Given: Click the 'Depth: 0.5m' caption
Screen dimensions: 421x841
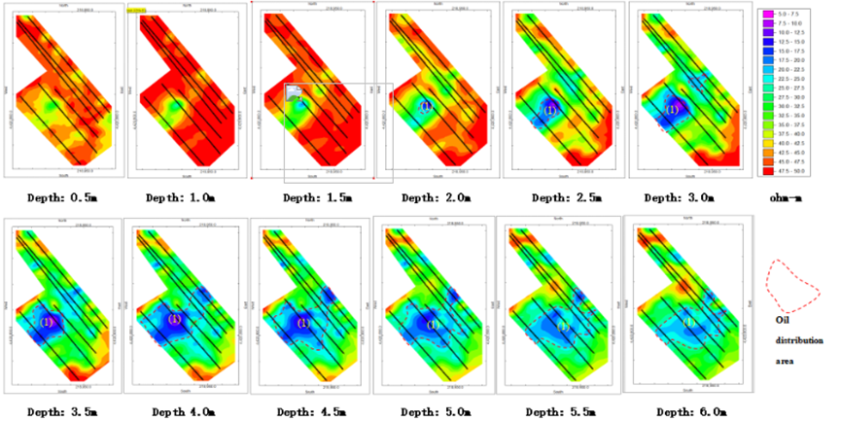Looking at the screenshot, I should pos(56,197).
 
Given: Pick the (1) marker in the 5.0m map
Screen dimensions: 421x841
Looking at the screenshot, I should pos(434,324).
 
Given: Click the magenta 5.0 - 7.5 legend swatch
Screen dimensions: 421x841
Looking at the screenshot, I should pos(768,12).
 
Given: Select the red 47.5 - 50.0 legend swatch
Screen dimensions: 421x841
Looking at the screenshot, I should pos(768,170).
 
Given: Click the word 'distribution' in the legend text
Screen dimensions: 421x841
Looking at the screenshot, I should pos(799,341).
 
